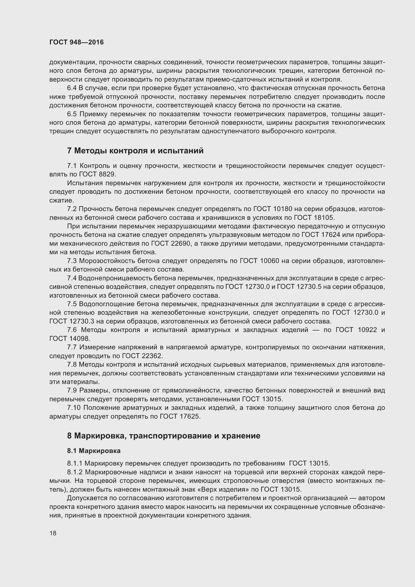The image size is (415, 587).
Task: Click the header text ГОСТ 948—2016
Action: [77, 42]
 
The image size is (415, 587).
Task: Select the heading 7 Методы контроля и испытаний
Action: [135, 151]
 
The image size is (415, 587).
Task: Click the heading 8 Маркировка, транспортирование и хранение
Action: [164, 436]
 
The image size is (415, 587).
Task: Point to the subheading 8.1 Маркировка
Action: [94, 451]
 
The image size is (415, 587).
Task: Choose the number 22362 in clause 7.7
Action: [152, 356]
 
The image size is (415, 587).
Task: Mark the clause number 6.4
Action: [72, 88]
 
